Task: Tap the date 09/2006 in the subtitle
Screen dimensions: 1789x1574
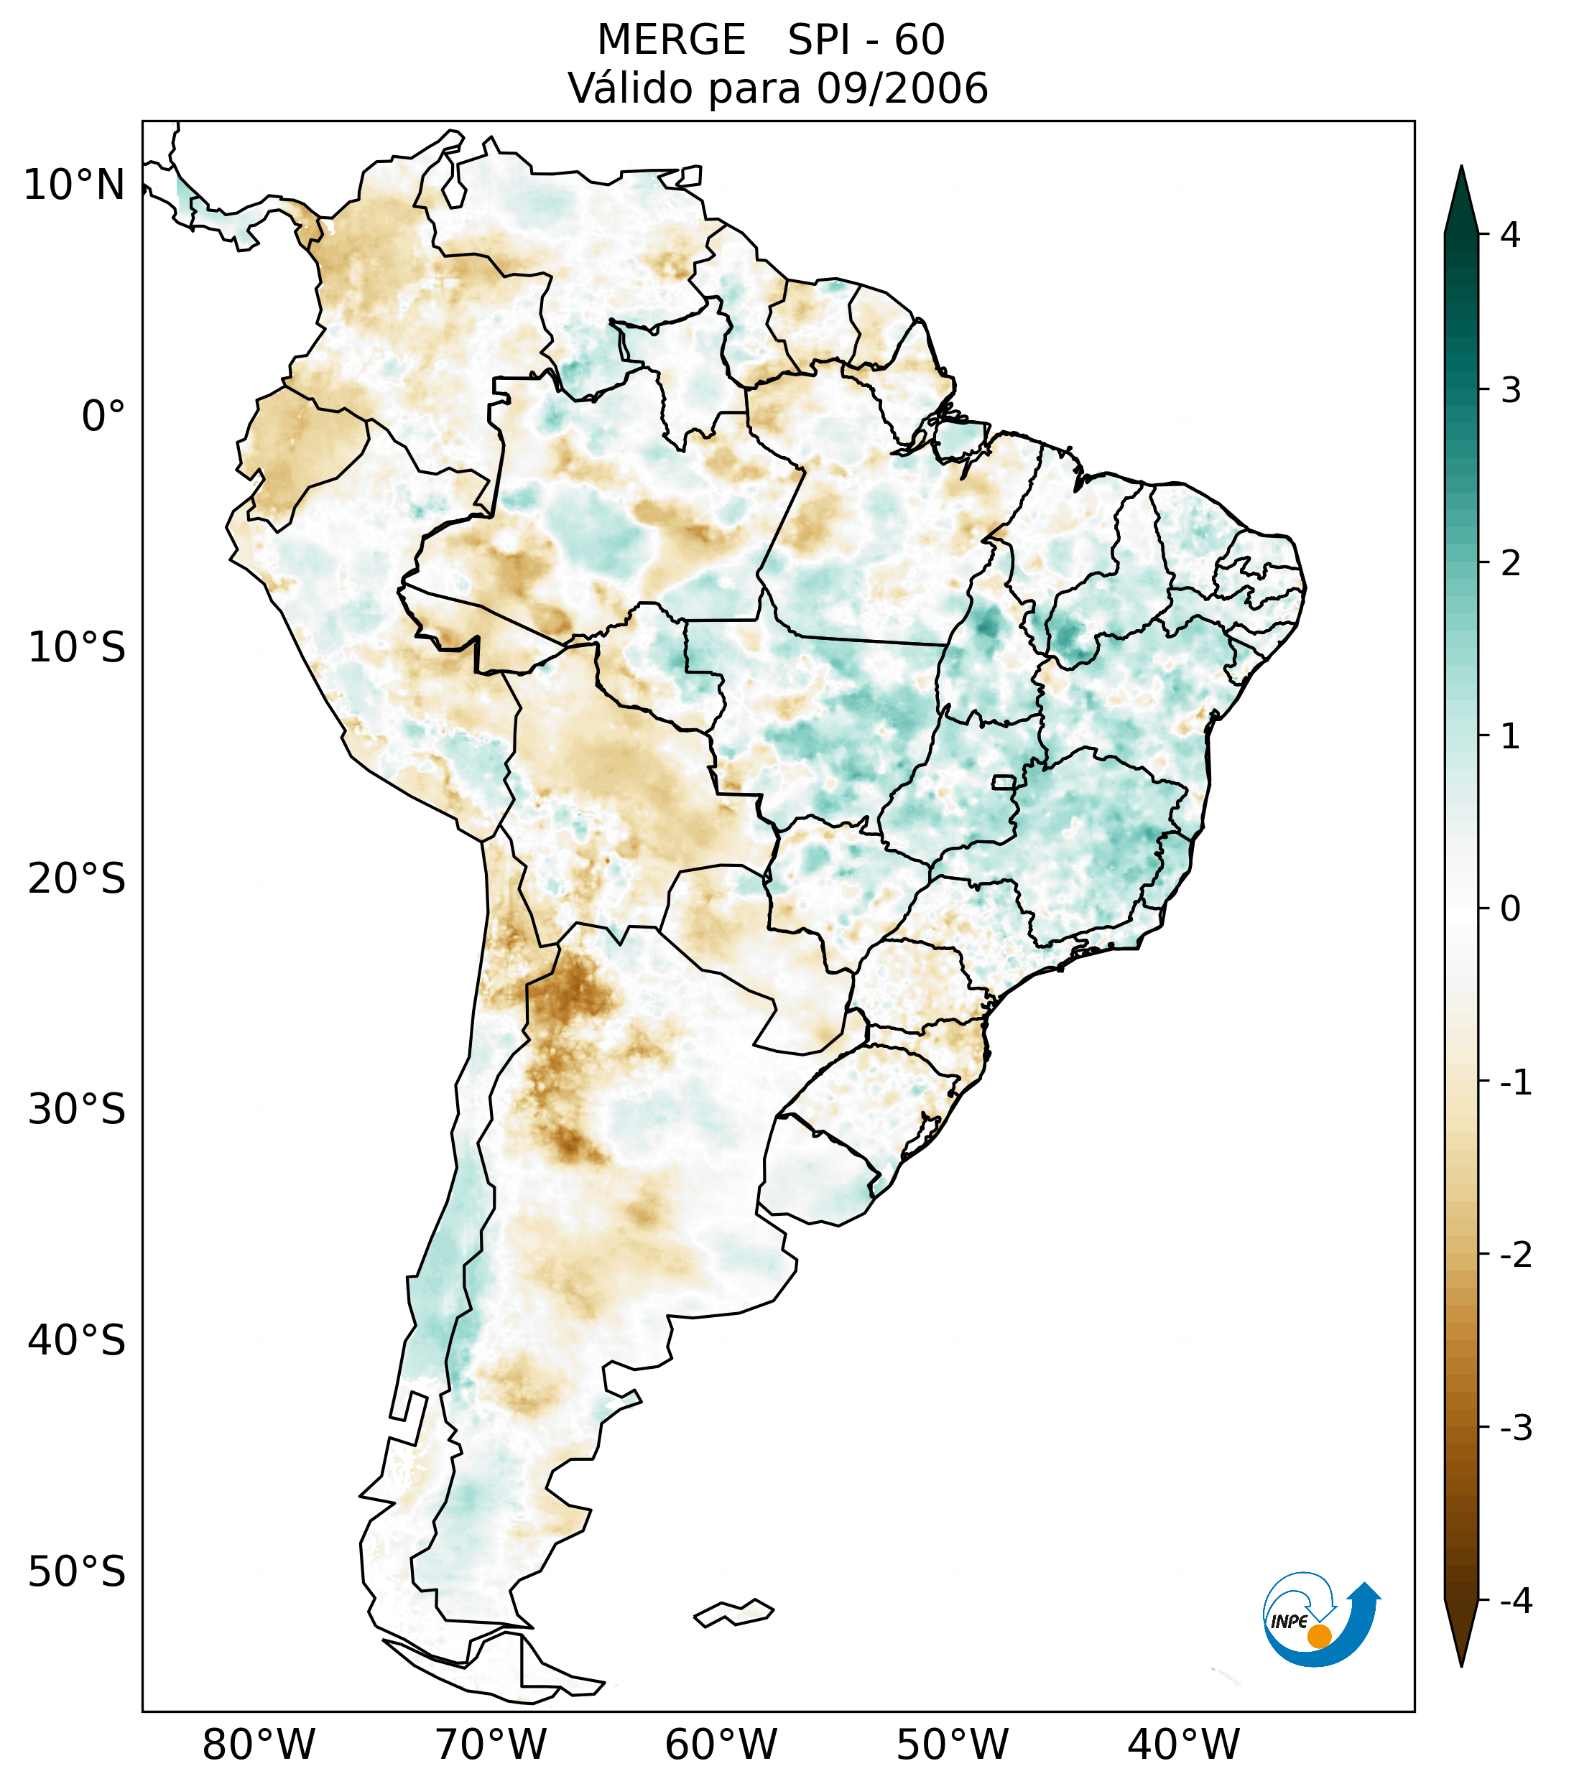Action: [902, 88]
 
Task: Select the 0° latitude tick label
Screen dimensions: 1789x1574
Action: [103, 417]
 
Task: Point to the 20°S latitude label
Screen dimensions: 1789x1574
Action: [77, 879]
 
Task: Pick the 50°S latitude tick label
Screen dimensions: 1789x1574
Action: [77, 1573]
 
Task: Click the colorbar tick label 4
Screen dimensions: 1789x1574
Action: [1510, 235]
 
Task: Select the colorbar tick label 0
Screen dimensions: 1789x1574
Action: [1510, 909]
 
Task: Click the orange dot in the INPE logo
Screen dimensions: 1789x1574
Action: [1318, 1636]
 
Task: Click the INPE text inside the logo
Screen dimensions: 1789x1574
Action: [1289, 1622]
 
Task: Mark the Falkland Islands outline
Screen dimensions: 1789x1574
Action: [733, 1612]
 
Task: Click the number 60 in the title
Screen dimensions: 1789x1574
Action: [920, 40]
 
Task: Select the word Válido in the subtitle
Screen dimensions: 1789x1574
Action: [630, 88]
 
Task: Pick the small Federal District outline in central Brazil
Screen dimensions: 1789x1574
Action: [1003, 781]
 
